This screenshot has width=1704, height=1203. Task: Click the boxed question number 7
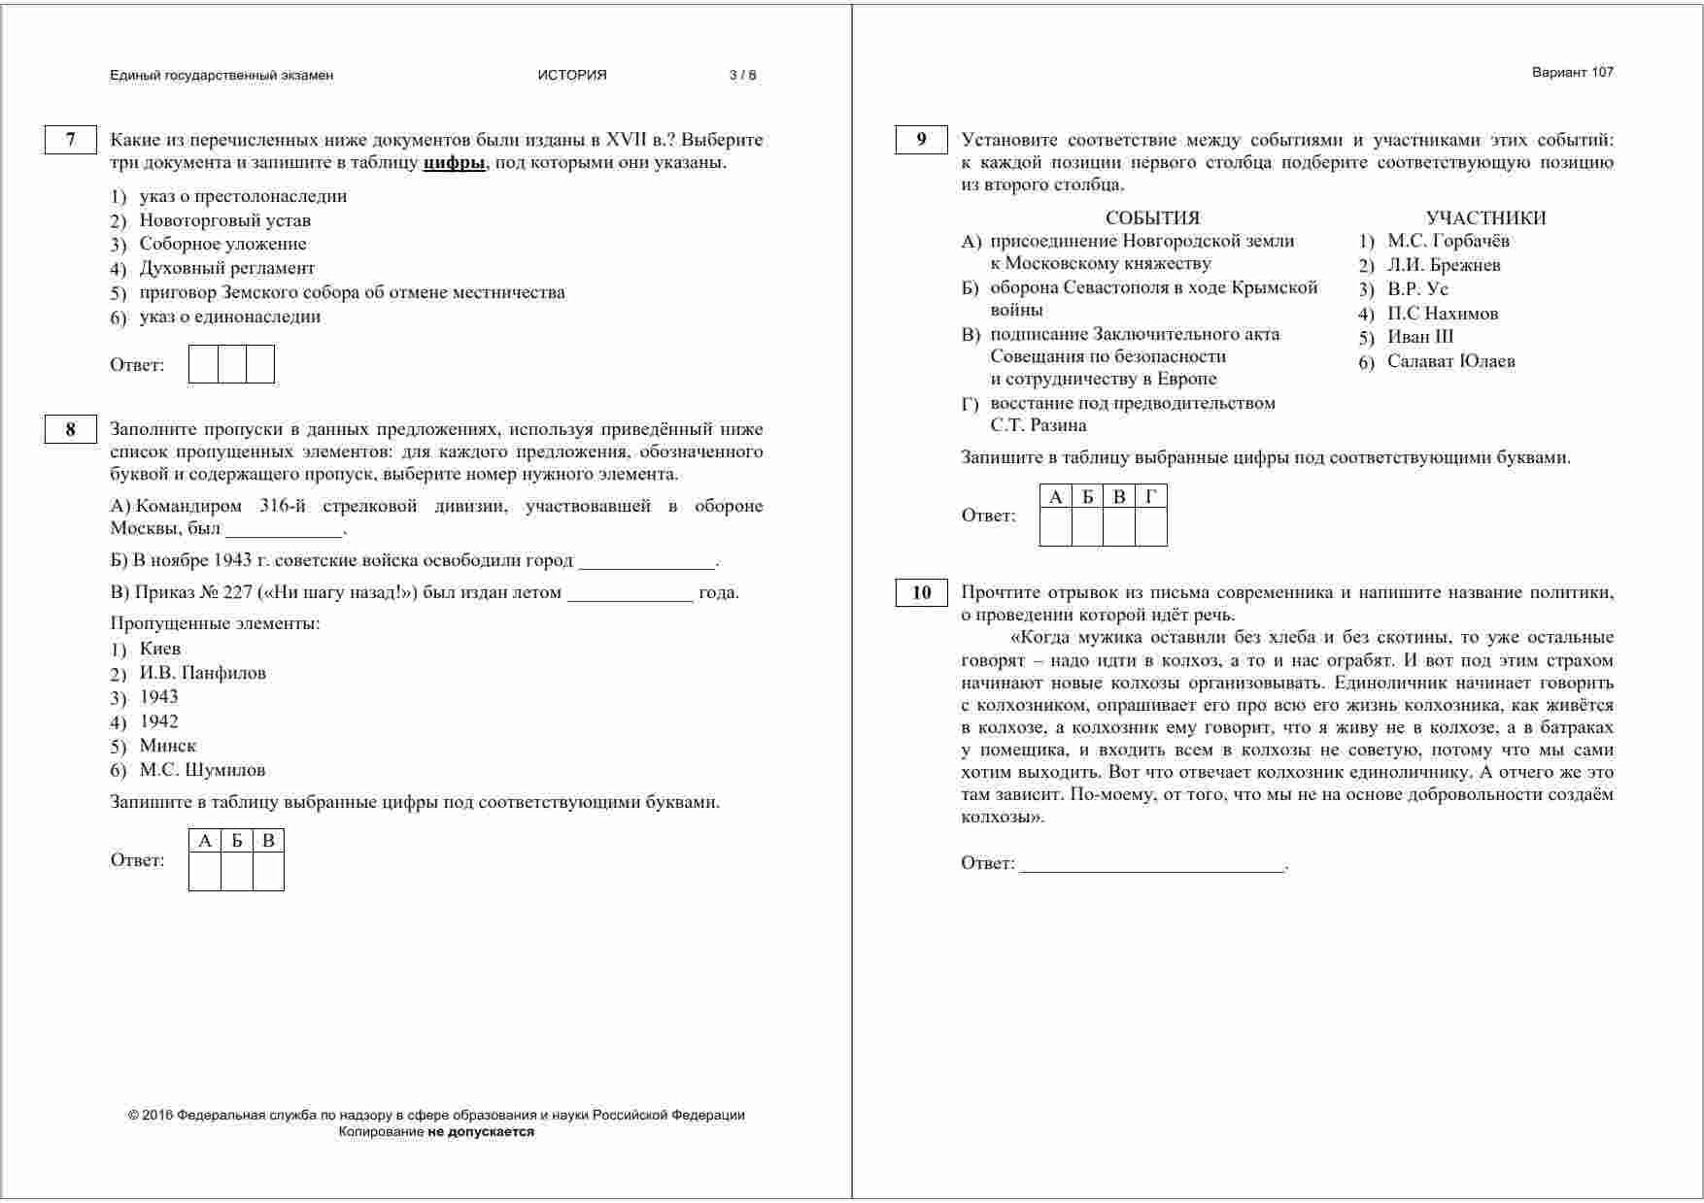pyautogui.click(x=70, y=140)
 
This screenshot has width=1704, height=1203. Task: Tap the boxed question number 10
pyautogui.click(x=921, y=592)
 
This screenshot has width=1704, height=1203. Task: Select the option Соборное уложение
pyautogui.click(x=222, y=244)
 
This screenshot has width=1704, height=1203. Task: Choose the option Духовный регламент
pyautogui.click(x=226, y=268)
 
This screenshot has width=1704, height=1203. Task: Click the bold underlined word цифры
pyautogui.click(x=454, y=163)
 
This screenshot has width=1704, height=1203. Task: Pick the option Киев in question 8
pyautogui.click(x=159, y=649)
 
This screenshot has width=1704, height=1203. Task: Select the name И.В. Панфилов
pyautogui.click(x=202, y=673)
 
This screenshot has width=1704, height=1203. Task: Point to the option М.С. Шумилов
pyautogui.click(x=202, y=770)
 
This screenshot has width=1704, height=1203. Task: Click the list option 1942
pyautogui.click(x=158, y=721)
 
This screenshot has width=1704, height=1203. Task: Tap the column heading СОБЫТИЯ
pyautogui.click(x=1152, y=218)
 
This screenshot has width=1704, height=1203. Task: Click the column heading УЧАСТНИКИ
pyautogui.click(x=1485, y=218)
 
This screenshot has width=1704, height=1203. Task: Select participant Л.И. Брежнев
pyautogui.click(x=1444, y=265)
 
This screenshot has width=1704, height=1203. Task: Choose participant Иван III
pyautogui.click(x=1420, y=337)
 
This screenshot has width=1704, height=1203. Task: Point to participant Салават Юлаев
pyautogui.click(x=1450, y=361)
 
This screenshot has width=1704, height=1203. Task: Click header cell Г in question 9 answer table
pyautogui.click(x=1151, y=497)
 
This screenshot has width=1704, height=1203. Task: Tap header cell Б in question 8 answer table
pyautogui.click(x=236, y=841)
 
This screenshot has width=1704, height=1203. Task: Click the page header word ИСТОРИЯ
pyautogui.click(x=572, y=76)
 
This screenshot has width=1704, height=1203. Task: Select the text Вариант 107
pyautogui.click(x=1572, y=72)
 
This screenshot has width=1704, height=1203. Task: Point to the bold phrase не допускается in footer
pyautogui.click(x=481, y=1131)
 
